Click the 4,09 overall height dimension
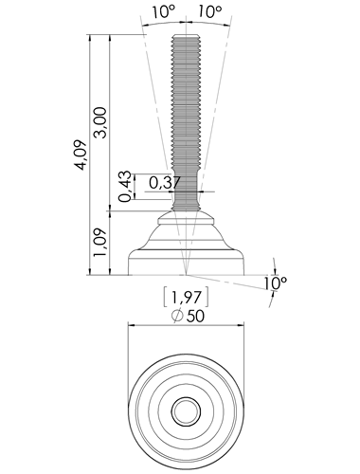pyautogui.click(x=81, y=155)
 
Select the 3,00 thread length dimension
pyautogui.click(x=101, y=122)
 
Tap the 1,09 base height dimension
pyautogui.click(x=101, y=243)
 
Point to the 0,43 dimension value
pyautogui.click(x=125, y=186)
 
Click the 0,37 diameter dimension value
pyautogui.click(x=165, y=183)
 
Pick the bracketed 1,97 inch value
pyautogui.click(x=186, y=297)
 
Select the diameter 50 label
pyautogui.click(x=188, y=316)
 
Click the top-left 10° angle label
pyautogui.click(x=164, y=12)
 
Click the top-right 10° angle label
pyautogui.click(x=210, y=12)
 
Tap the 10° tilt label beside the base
pyautogui.click(x=276, y=283)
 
